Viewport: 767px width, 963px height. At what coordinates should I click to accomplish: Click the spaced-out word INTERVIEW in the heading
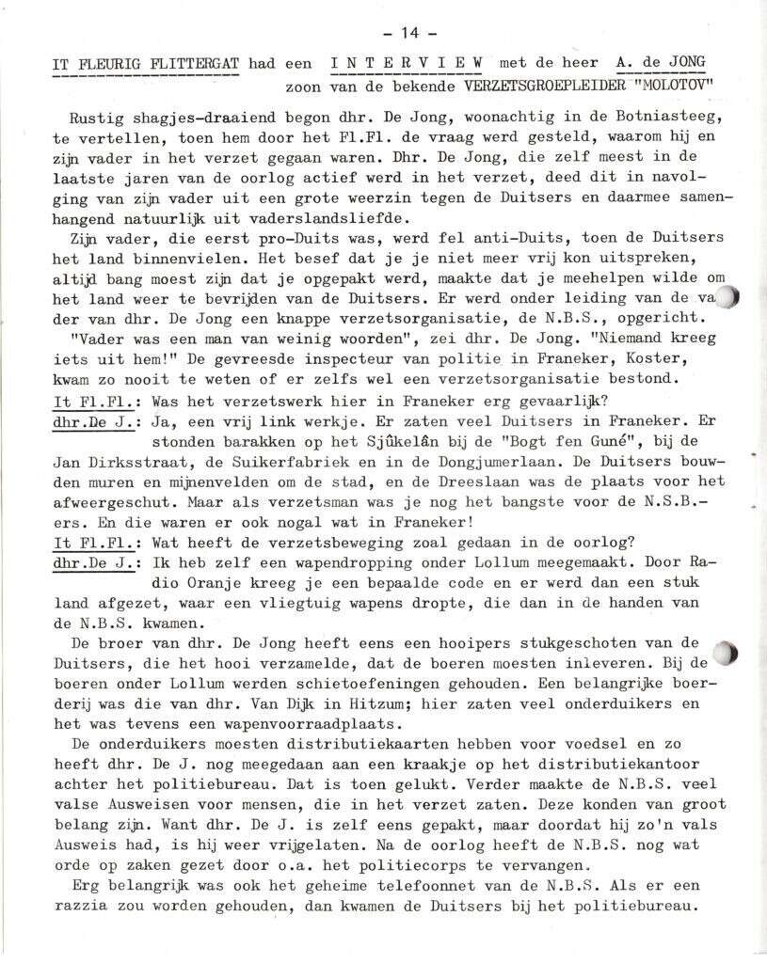coord(407,63)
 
